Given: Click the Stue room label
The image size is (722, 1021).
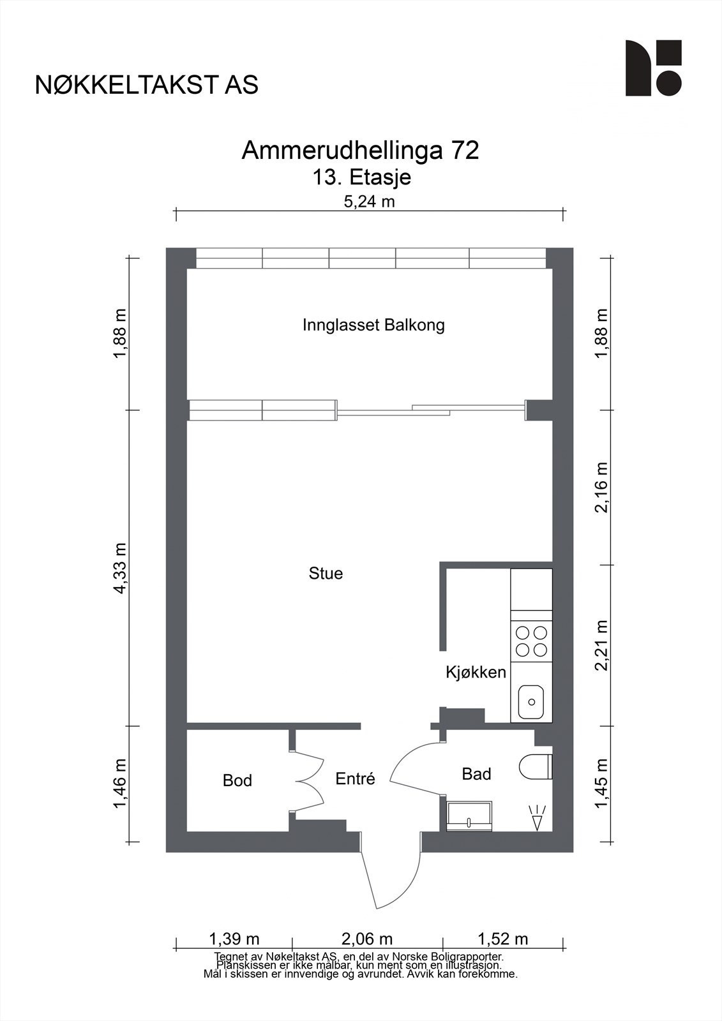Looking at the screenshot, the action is click(x=326, y=574).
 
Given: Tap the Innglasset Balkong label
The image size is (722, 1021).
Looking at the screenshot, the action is click(x=373, y=325).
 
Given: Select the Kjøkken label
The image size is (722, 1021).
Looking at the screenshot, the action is click(x=476, y=673).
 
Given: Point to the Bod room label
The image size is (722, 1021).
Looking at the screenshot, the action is click(x=237, y=780).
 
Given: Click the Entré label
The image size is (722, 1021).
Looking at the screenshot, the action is click(x=355, y=779).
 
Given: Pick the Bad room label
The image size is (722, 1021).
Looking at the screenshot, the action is click(x=476, y=774).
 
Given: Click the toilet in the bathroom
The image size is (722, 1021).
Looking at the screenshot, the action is click(x=536, y=766).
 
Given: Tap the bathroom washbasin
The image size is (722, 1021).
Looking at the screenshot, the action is click(x=469, y=816).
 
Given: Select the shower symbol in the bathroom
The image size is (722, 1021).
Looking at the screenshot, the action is click(x=538, y=817).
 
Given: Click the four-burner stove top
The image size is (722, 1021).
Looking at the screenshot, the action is click(x=531, y=641).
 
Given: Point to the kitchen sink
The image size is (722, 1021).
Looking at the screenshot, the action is click(x=531, y=701).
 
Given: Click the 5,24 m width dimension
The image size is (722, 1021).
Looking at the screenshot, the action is click(x=369, y=202).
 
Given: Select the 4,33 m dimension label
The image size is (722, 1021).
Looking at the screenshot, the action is click(x=121, y=568).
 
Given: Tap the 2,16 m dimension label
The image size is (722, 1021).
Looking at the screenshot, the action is click(x=602, y=488).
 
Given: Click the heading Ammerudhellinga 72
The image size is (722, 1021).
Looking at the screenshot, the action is click(x=360, y=151).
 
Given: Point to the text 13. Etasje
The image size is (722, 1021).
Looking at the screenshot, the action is click(x=361, y=177).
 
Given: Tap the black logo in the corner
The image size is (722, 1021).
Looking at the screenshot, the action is click(x=654, y=68).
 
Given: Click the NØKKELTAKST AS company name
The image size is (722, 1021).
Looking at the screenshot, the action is click(x=147, y=85).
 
